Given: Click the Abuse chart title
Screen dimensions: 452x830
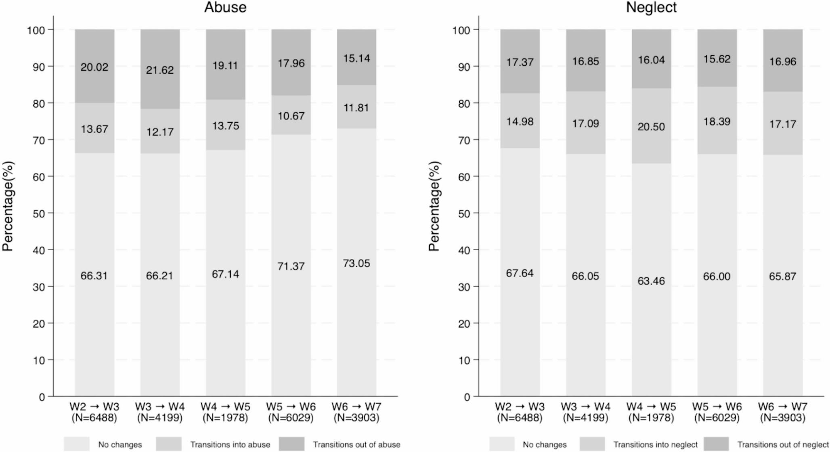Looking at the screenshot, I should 225,7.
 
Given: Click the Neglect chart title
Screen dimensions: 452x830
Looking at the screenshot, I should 651,7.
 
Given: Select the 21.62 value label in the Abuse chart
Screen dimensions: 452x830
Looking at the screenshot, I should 160,70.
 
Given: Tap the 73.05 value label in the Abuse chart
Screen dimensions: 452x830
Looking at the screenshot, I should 356,264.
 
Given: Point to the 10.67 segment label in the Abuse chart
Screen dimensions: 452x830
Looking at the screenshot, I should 291,116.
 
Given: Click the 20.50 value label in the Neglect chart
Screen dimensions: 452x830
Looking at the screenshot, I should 651,127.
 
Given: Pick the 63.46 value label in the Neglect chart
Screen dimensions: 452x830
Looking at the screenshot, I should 651,281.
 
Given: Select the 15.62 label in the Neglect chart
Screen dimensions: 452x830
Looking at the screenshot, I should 717,59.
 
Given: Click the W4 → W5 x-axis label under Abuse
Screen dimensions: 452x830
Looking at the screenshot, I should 225,406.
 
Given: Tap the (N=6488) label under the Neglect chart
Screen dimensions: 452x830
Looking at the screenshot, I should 520,418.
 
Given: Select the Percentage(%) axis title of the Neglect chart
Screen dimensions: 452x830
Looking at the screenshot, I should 434,206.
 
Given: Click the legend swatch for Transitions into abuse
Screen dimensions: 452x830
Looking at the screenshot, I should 169,444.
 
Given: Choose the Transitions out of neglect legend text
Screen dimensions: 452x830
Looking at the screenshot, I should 783,445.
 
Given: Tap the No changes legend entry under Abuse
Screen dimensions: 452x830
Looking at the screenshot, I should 120,445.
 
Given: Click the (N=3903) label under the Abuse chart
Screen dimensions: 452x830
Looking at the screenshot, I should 356,418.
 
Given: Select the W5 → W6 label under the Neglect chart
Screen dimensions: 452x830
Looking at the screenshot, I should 717,406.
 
